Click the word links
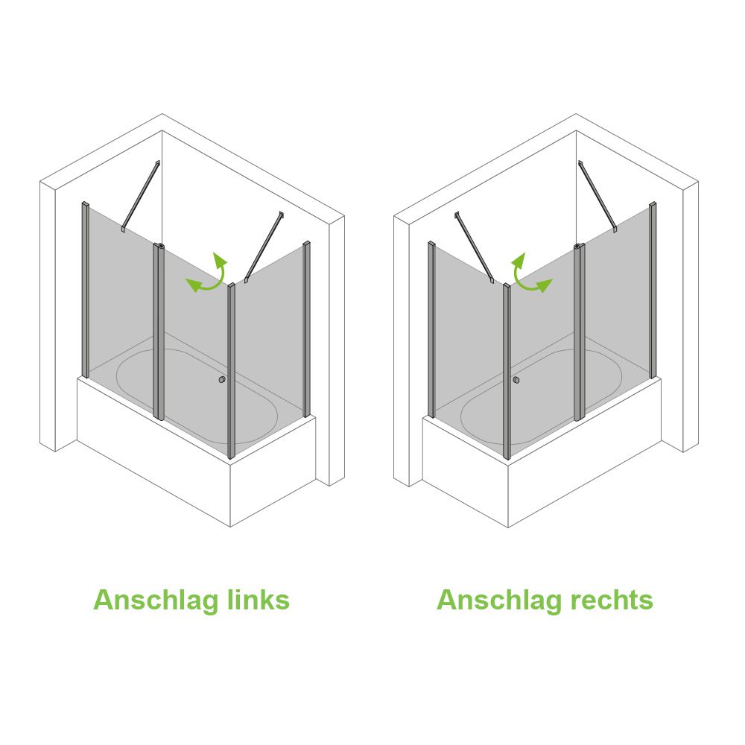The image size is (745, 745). [x=259, y=599]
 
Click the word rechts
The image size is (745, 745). [x=612, y=600]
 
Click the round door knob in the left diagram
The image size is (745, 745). [x=221, y=380]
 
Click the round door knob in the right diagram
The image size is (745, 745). [x=516, y=380]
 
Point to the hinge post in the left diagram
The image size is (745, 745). [x=159, y=332]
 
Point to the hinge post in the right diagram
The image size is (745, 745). [x=579, y=332]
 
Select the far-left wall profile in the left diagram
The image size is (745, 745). [x=86, y=290]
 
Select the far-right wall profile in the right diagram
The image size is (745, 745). [x=653, y=290]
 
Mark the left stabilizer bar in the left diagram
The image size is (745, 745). [x=141, y=196]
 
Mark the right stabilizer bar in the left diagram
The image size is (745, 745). [x=264, y=247]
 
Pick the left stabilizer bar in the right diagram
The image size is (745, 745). [x=475, y=247]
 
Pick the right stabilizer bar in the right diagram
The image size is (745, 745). [x=597, y=196]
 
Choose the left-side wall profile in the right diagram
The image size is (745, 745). [x=431, y=330]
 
